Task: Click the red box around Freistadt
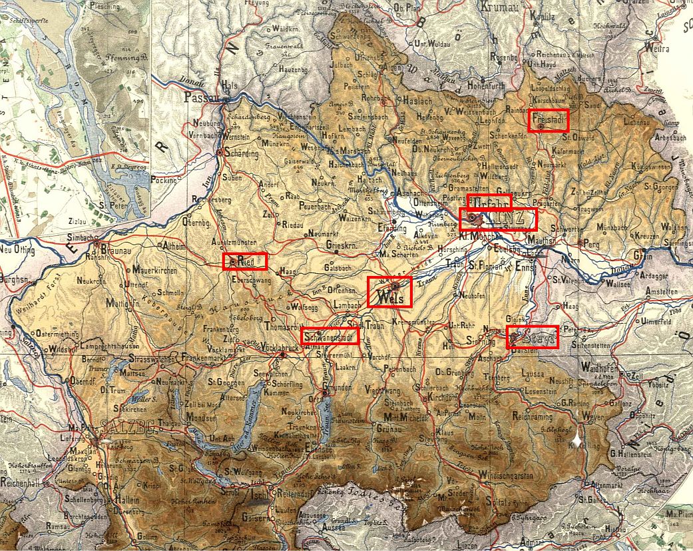coord(549,120)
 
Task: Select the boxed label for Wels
coord(389,292)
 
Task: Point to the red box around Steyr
coord(531,337)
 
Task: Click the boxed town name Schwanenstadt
coord(330,336)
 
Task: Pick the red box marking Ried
coord(245,261)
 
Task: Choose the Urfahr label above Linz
coord(489,202)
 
